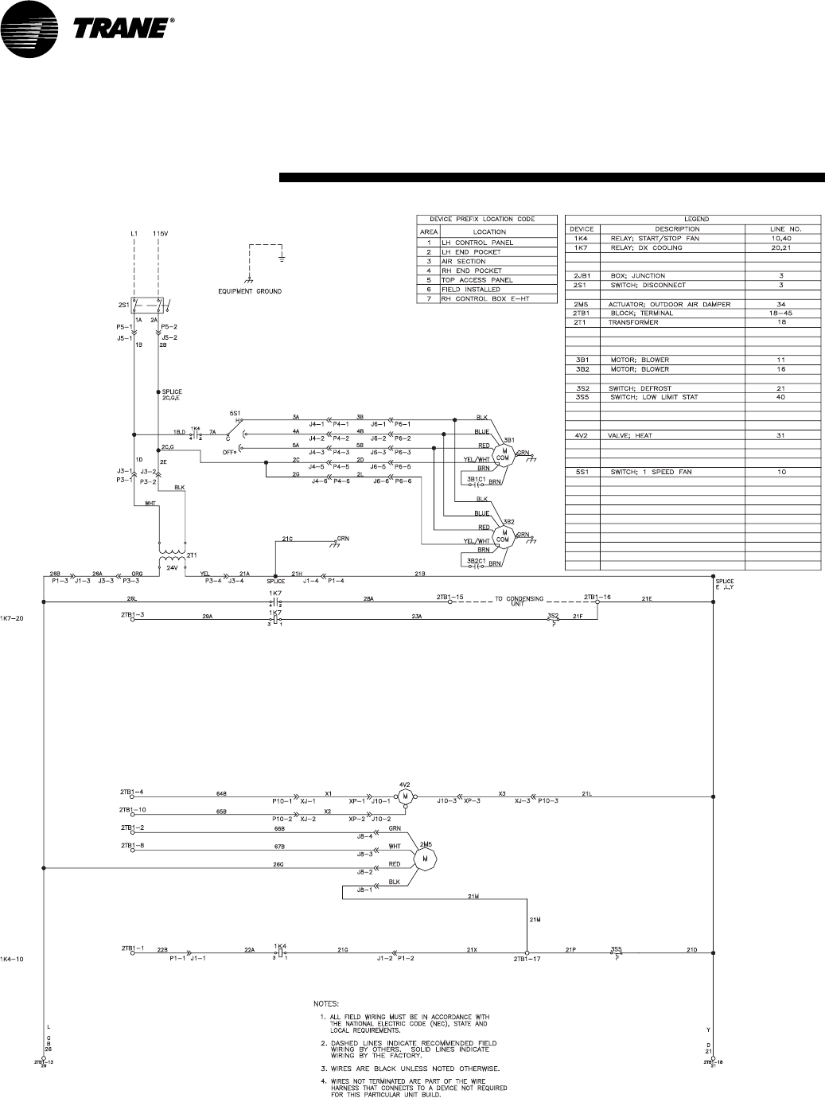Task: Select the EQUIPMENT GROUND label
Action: pyautogui.click(x=251, y=291)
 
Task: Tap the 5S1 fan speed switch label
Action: pyautogui.click(x=235, y=413)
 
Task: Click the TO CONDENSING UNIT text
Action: pyautogui.click(x=522, y=598)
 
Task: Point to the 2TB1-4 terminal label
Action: pyautogui.click(x=132, y=792)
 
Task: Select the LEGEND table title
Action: pyautogui.click(x=696, y=219)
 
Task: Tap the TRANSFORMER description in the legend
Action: pyautogui.click(x=636, y=322)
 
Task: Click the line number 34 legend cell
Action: pyautogui.click(x=781, y=304)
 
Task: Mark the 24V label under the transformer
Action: pyautogui.click(x=172, y=568)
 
